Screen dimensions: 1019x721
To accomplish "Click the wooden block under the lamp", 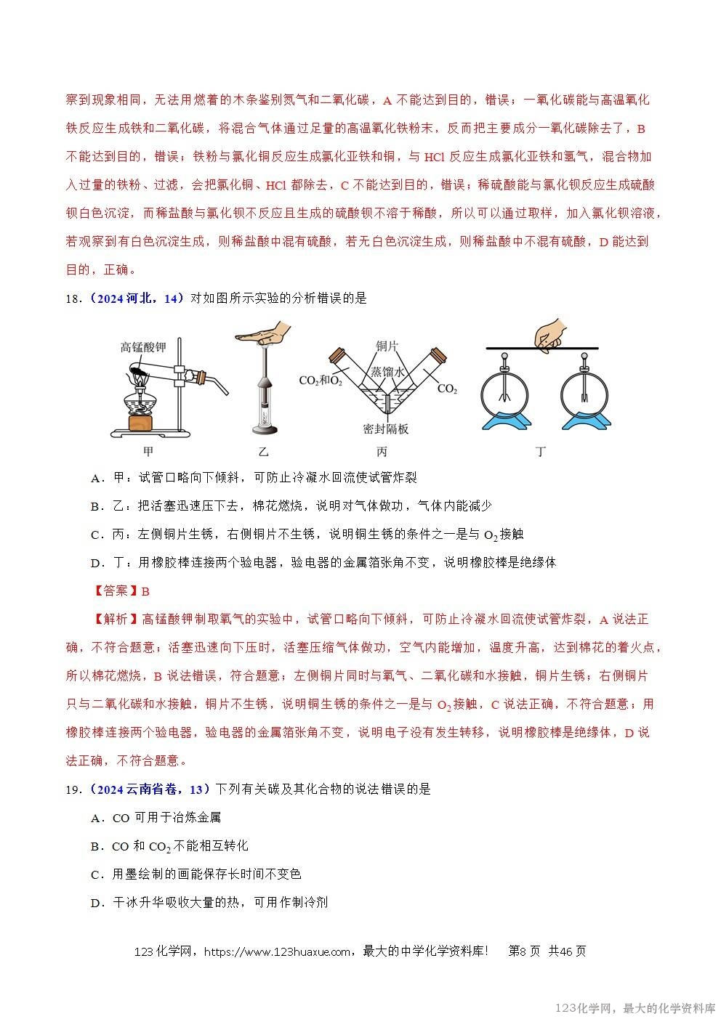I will point(142,422).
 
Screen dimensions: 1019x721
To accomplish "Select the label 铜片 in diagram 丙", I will point(387,346).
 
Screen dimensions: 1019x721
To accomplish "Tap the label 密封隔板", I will point(385,429).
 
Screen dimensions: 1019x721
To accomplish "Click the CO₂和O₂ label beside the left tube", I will point(320,380).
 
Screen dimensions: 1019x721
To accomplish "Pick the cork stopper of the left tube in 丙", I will point(337,356).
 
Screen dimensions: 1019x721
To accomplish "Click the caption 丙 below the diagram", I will point(383,452).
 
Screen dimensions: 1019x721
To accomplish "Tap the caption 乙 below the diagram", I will point(264,452).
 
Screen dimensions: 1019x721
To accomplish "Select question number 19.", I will point(73,789).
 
